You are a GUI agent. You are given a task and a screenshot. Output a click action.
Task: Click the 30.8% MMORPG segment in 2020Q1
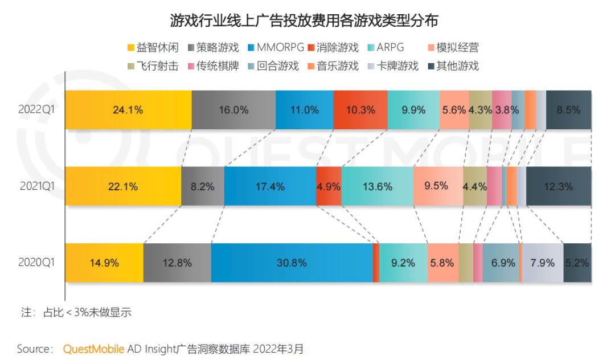(292, 263)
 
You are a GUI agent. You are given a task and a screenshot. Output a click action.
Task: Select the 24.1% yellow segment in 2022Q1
(128, 110)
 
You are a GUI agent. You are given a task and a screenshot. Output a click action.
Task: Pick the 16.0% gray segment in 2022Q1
(233, 110)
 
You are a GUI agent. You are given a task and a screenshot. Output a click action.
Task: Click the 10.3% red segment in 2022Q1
(360, 110)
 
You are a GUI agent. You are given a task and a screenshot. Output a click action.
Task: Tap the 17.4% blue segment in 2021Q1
(270, 186)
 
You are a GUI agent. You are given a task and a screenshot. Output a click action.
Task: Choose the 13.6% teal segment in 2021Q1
(378, 186)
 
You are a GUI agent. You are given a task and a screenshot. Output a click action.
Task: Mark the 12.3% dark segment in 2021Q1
(559, 186)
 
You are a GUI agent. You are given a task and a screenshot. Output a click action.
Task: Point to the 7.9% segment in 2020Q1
(542, 263)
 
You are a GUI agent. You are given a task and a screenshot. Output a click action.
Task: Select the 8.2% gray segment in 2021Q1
(203, 186)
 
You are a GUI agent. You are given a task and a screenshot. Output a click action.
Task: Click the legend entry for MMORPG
(274, 48)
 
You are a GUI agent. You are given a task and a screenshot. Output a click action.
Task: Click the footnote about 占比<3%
(76, 312)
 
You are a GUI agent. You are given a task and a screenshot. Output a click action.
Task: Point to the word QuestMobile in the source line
(93, 347)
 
